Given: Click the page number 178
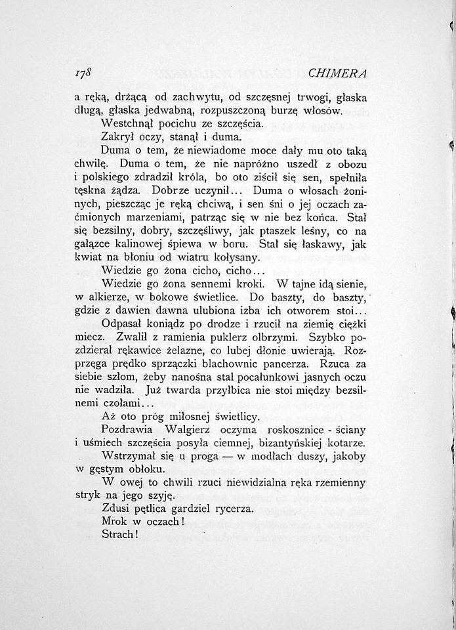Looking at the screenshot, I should tap(84, 72).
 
